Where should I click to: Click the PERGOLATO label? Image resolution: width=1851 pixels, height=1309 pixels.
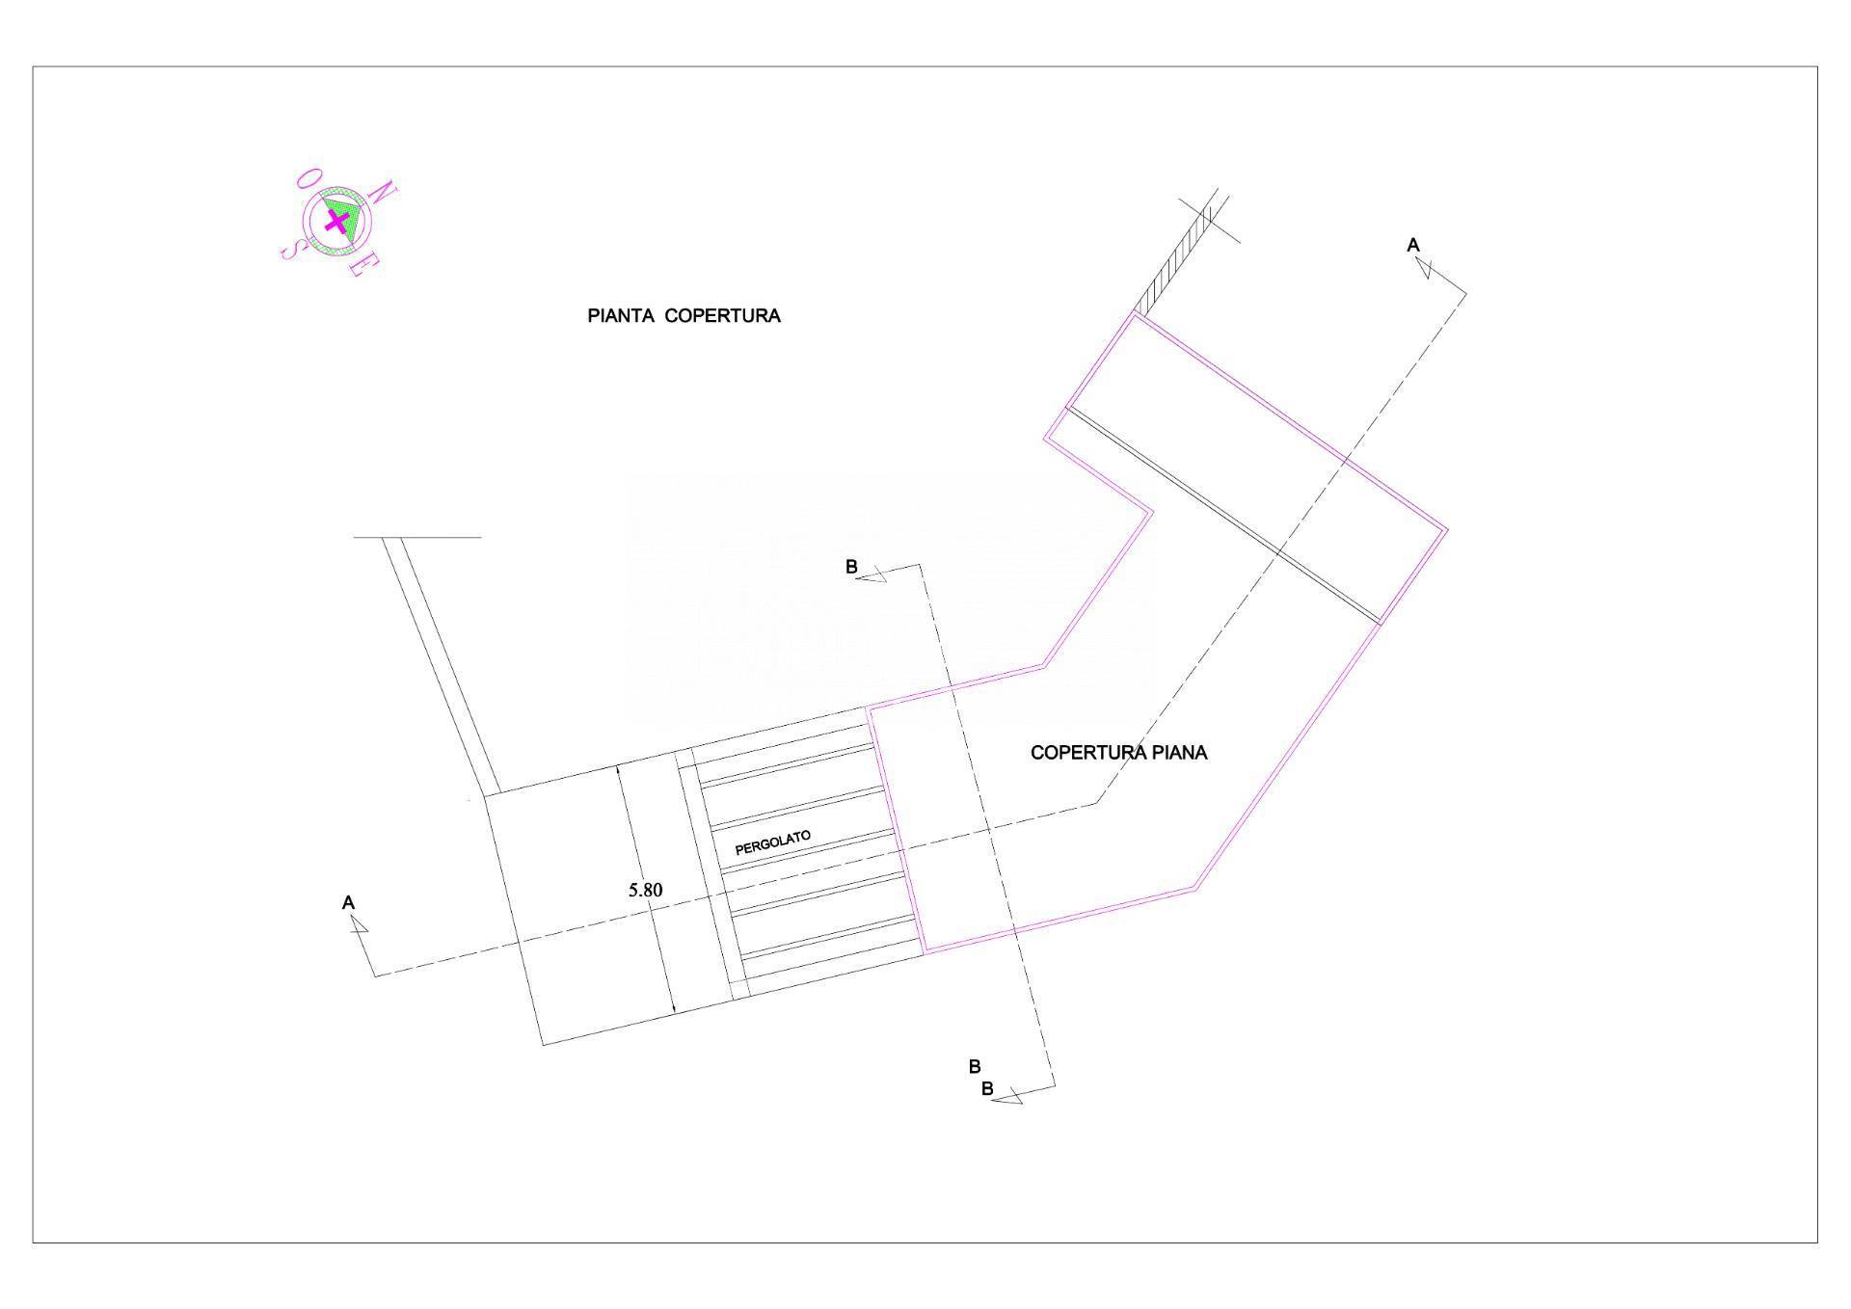pos(773,842)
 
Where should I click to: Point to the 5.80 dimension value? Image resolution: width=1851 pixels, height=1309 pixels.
pos(645,890)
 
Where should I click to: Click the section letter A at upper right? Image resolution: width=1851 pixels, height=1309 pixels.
pos(1413,246)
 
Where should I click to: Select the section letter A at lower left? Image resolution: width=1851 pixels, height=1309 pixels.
pos(349,903)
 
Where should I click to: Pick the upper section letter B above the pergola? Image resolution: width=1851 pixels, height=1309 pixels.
pos(851,567)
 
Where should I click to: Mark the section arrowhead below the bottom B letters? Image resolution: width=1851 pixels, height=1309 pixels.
pos(1007,1096)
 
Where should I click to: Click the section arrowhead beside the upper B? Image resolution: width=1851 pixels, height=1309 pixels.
pos(874,575)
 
